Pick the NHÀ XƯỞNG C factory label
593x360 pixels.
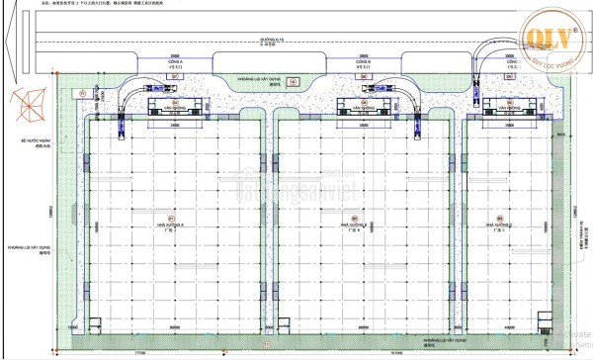[x=500, y=224]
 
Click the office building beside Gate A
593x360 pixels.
[x=175, y=105]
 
